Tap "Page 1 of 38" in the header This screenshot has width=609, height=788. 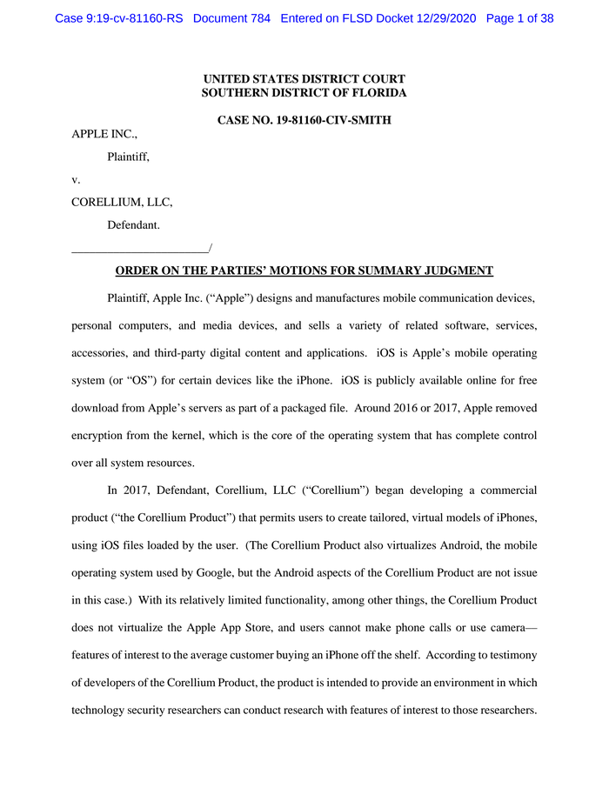519,18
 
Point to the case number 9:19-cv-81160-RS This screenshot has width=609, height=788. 118,18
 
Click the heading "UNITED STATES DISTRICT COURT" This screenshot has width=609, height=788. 304,79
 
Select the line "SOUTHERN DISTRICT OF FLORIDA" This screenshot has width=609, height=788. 304,93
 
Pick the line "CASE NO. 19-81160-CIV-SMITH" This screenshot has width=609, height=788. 304,120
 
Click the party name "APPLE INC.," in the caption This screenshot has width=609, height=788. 104,134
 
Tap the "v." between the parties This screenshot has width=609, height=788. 76,179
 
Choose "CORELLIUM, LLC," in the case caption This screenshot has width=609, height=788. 122,202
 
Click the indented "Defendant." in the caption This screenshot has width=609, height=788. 133,224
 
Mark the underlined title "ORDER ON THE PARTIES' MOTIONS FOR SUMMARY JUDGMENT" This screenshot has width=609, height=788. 304,270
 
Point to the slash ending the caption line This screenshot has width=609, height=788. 211,249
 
